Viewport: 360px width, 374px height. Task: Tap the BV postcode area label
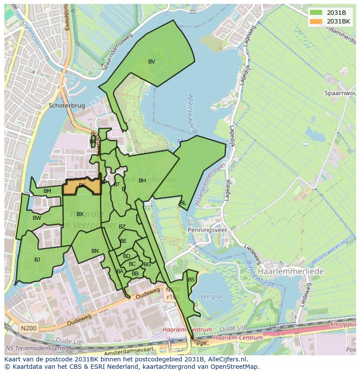(151, 62)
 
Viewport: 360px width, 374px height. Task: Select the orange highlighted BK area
(82, 186)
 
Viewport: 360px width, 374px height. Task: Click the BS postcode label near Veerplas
(191, 280)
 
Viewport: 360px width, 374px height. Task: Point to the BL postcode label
(183, 203)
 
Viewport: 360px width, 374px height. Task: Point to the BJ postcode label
(37, 260)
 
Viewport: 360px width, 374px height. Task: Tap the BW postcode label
(37, 218)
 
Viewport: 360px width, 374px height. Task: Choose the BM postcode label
(47, 191)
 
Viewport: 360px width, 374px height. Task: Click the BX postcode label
(80, 214)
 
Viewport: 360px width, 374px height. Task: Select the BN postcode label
(95, 251)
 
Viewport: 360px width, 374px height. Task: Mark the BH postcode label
(142, 181)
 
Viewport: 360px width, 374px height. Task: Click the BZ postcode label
(122, 227)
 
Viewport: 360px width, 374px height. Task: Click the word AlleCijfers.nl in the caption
(226, 359)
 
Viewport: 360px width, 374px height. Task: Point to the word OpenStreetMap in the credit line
(235, 367)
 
